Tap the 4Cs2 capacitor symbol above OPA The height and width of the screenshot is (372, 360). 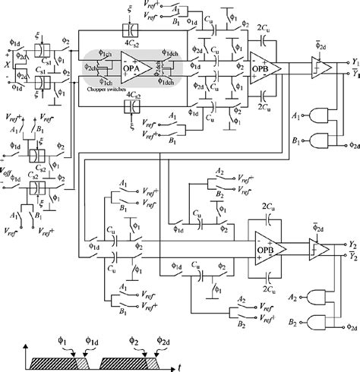pyautogui.click(x=133, y=30)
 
